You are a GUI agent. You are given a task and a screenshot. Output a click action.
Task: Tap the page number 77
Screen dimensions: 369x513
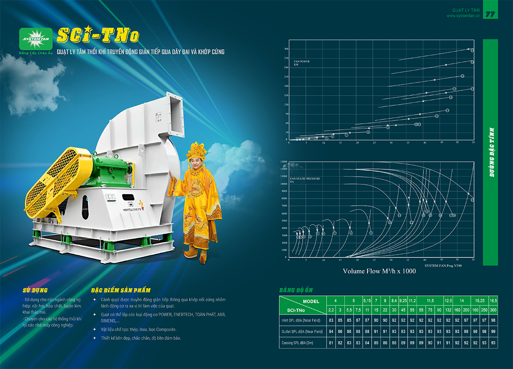(x=490, y=14)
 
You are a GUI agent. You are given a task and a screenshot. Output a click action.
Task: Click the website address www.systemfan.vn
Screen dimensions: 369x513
(x=463, y=16)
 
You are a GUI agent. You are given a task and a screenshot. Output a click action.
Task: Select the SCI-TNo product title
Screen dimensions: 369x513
(x=97, y=35)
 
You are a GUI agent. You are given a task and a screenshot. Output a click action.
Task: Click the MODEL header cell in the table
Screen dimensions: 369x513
(x=311, y=301)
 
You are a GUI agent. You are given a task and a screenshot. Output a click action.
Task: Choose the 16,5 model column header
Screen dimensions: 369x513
(x=493, y=301)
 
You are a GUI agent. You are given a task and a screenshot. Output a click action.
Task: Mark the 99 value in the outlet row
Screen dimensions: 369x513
(x=493, y=332)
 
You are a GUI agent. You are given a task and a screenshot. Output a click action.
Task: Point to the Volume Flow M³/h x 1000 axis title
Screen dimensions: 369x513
(x=379, y=271)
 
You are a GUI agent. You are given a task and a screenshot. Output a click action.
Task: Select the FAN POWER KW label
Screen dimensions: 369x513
(x=302, y=63)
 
